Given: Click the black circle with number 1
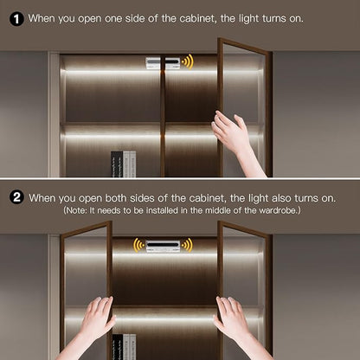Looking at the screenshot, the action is tap(16, 19).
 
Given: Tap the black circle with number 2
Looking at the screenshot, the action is tap(16, 197).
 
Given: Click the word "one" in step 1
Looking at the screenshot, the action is tap(113, 19).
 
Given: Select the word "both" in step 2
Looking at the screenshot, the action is tap(116, 198).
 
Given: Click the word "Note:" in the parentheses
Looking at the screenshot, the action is tap(76, 210).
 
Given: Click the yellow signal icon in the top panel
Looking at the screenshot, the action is tap(188, 61).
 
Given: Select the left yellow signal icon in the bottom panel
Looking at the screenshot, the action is tap(139, 245).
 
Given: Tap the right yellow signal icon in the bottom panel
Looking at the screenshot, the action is tap(187, 245).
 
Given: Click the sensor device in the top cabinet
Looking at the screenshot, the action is tap(163, 63).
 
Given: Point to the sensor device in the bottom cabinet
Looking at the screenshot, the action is tap(163, 246).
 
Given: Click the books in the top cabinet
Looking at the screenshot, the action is tap(124, 164).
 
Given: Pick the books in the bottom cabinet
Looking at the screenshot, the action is tap(124, 347).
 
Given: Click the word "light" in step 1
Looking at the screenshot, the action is tap(248, 19).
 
